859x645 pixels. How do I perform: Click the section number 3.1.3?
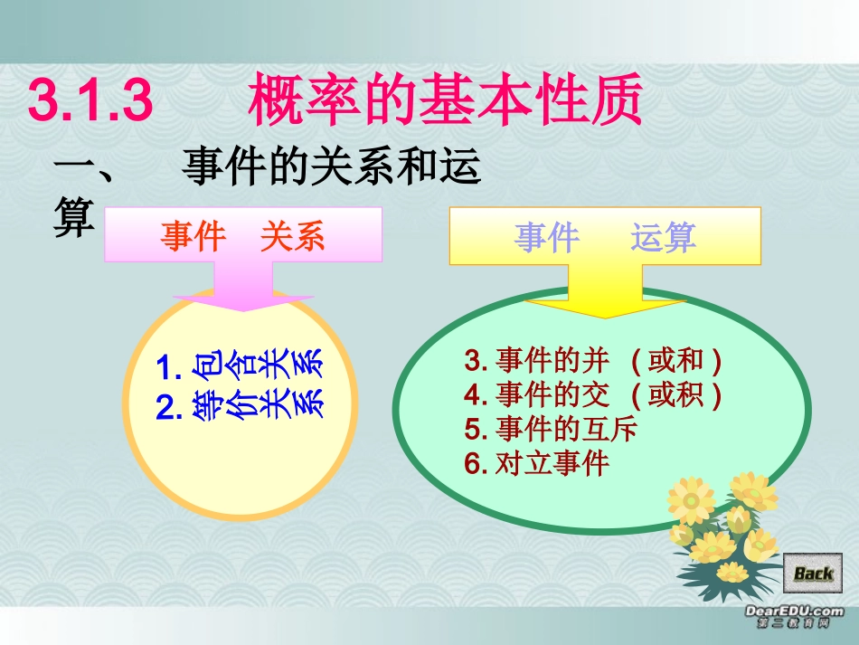(x=90, y=101)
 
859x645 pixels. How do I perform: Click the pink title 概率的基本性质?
(x=445, y=100)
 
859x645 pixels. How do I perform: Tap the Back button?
(x=813, y=572)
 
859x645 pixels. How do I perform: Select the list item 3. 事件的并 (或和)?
(x=593, y=361)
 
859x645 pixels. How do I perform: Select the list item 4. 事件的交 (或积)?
(x=593, y=395)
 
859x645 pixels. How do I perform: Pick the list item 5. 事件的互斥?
(x=551, y=429)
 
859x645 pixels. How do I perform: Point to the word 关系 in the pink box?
(x=292, y=237)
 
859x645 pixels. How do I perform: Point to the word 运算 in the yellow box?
(x=664, y=237)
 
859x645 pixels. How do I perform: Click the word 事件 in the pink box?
(x=193, y=237)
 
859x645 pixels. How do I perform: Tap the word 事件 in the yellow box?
(x=547, y=237)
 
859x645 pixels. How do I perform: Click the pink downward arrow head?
(x=242, y=299)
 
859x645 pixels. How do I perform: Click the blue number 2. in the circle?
(x=169, y=409)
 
